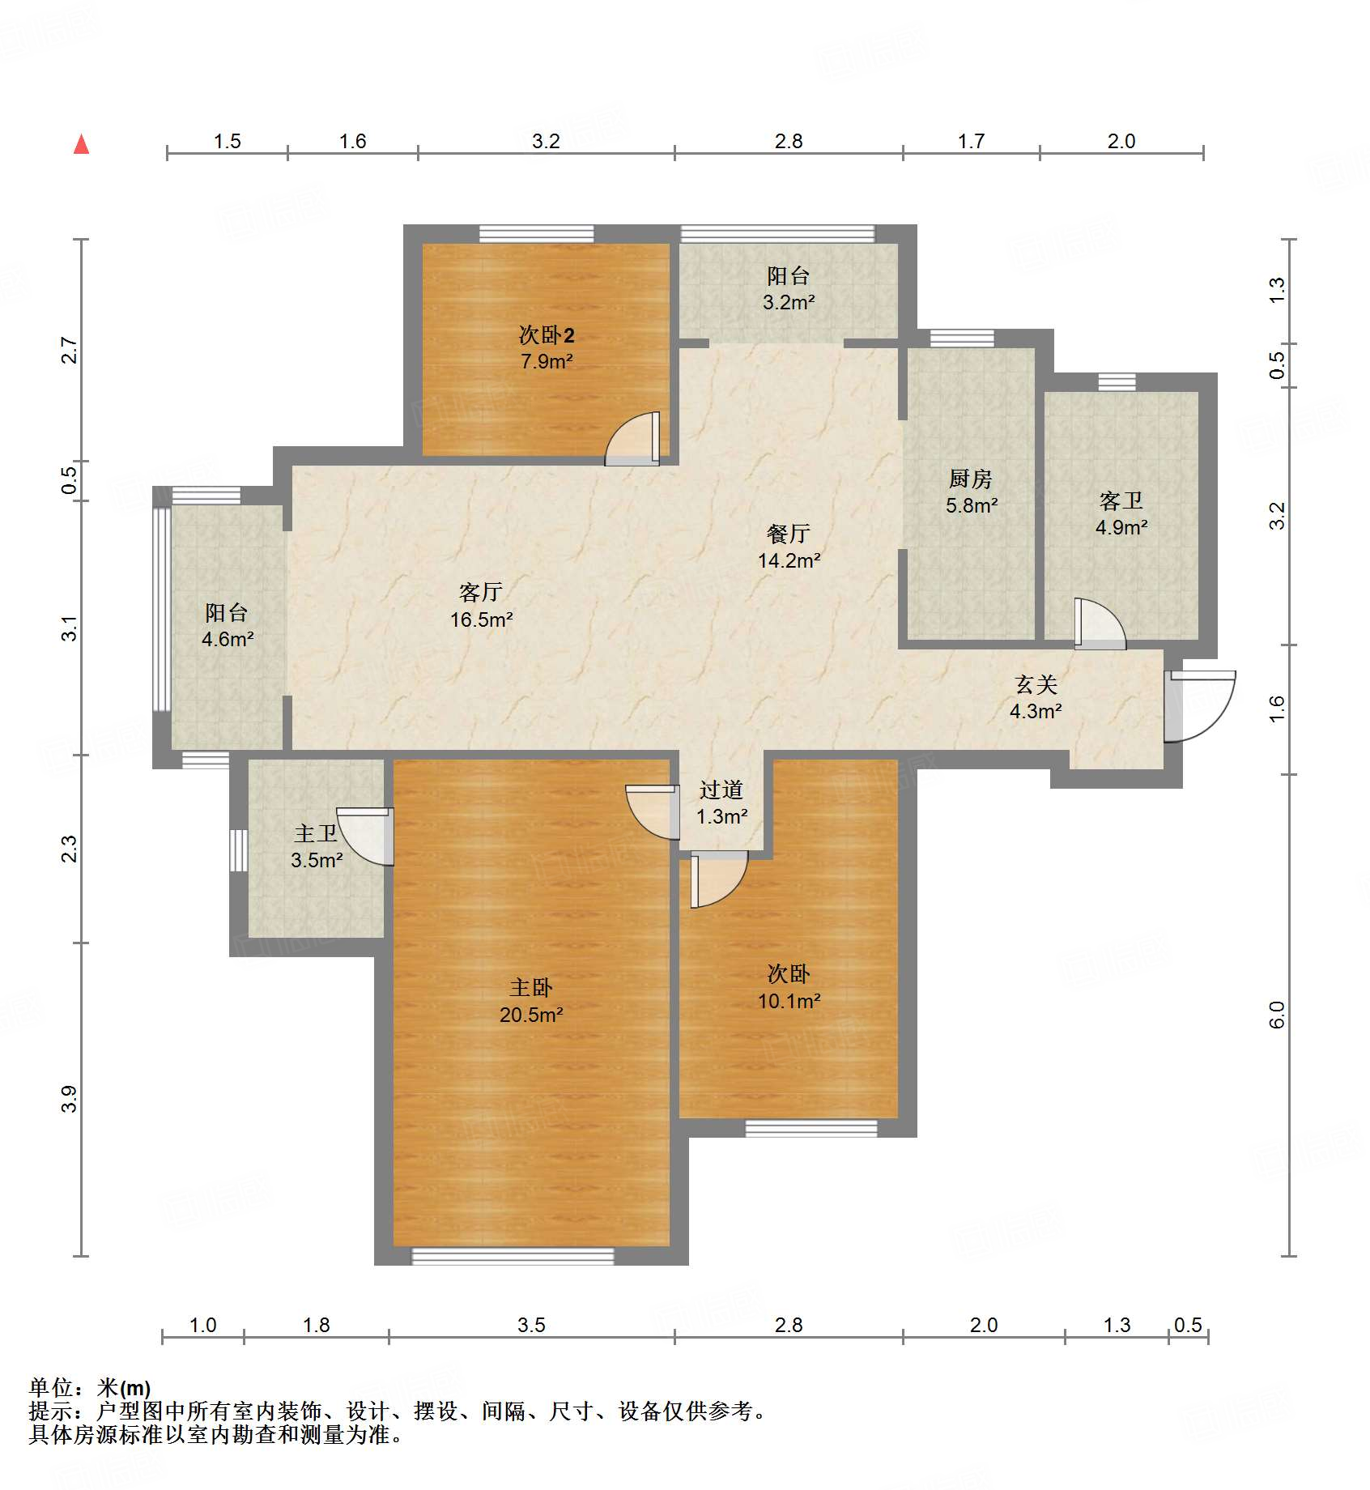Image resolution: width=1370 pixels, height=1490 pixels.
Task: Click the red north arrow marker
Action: pos(81,145)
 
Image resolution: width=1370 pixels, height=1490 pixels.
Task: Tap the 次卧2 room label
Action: pos(547,334)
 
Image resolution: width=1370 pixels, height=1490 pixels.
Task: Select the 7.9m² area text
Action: pos(547,361)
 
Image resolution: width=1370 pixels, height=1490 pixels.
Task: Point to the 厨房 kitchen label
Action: pos(970,479)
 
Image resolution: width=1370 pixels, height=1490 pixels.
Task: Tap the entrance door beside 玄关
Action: pos(1198,705)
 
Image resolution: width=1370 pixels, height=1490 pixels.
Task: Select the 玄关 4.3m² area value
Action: pos(1036,711)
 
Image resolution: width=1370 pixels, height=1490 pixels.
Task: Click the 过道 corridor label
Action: pos(721,790)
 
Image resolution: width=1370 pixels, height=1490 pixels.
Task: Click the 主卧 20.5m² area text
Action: pos(531,1014)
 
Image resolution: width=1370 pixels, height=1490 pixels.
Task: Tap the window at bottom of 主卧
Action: pos(513,1256)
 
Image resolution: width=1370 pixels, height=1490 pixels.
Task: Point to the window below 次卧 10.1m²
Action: pos(811,1128)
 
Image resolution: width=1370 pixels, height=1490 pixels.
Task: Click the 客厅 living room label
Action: pos(481,592)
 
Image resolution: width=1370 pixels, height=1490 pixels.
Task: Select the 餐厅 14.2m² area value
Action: pos(789,560)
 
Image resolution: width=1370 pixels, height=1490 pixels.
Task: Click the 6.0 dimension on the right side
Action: pos(1277,1015)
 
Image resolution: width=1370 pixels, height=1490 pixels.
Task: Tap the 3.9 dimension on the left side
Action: pos(70,1099)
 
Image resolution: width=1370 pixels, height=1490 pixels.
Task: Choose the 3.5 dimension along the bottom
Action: pos(531,1325)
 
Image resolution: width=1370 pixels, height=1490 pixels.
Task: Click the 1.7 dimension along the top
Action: pos(971,141)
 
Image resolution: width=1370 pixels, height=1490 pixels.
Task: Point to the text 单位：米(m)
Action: pos(90,1388)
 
